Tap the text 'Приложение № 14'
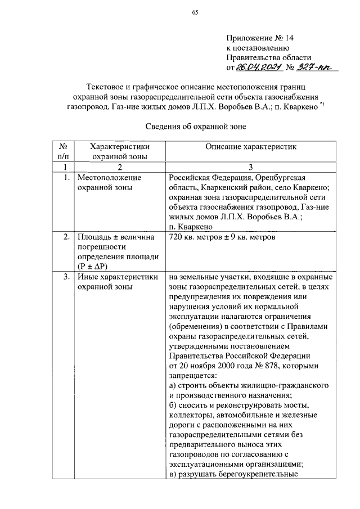pos(260,38)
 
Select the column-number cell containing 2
pos(119,167)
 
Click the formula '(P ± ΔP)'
pos(94,267)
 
